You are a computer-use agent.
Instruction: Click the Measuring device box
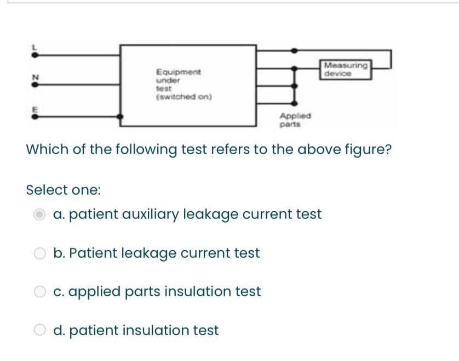pyautogui.click(x=346, y=70)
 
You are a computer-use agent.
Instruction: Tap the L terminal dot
pyautogui.click(x=35, y=55)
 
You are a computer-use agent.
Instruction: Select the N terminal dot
pyautogui.click(x=35, y=84)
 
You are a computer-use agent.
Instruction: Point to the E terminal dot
pyautogui.click(x=35, y=117)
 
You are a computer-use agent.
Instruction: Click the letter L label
pyautogui.click(x=35, y=47)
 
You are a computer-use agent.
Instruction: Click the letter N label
pyautogui.click(x=35, y=77)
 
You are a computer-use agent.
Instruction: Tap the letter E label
pyautogui.click(x=35, y=109)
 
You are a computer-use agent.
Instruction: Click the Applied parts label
pyautogui.click(x=295, y=120)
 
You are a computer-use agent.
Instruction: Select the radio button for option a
pyautogui.click(x=39, y=215)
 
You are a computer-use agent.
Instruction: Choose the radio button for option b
pyautogui.click(x=40, y=253)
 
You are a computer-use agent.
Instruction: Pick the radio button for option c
pyautogui.click(x=40, y=292)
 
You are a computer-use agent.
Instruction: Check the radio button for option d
pyautogui.click(x=40, y=330)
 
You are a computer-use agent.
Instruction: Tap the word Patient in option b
pyautogui.click(x=93, y=253)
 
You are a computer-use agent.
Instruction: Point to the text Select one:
pyautogui.click(x=64, y=190)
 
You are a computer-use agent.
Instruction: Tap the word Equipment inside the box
pyautogui.click(x=179, y=72)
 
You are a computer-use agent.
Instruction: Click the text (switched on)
pyautogui.click(x=184, y=97)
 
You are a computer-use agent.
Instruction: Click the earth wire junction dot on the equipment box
pyautogui.click(x=120, y=117)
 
